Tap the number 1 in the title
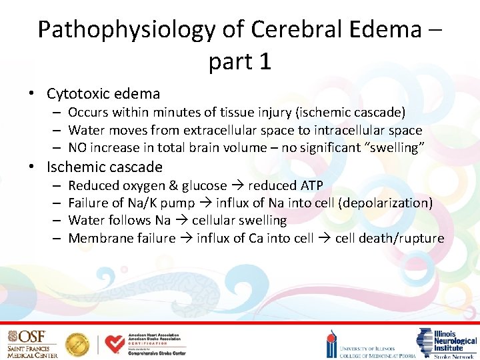(x=265, y=61)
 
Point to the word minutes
(x=183, y=113)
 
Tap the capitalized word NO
(x=79, y=147)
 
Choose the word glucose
(x=201, y=185)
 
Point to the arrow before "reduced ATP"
(x=237, y=185)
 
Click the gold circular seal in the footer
(x=78, y=344)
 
